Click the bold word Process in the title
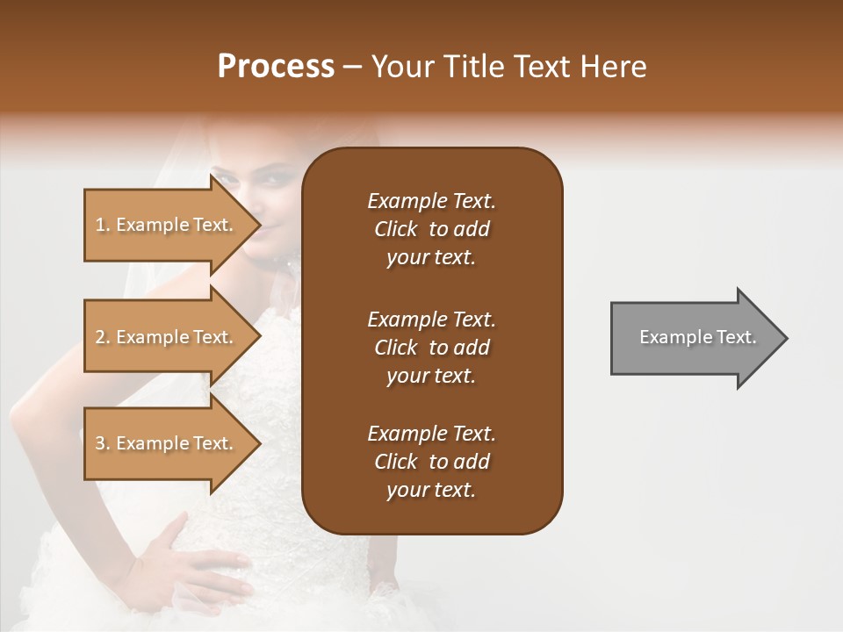click(x=276, y=67)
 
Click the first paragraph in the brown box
click(x=431, y=229)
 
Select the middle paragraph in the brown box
click(x=431, y=348)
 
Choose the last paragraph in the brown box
click(x=431, y=462)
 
